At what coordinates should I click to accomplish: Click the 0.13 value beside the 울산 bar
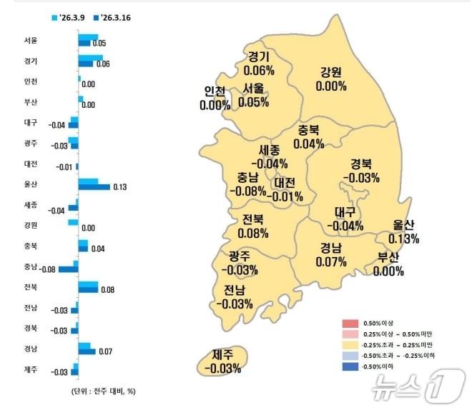click(x=119, y=187)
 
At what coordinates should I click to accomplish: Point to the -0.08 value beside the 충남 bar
click(x=47, y=269)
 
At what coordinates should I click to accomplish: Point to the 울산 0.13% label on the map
click(x=404, y=231)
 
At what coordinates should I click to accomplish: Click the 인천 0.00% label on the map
click(x=215, y=98)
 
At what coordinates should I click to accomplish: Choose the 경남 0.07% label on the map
click(x=330, y=255)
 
